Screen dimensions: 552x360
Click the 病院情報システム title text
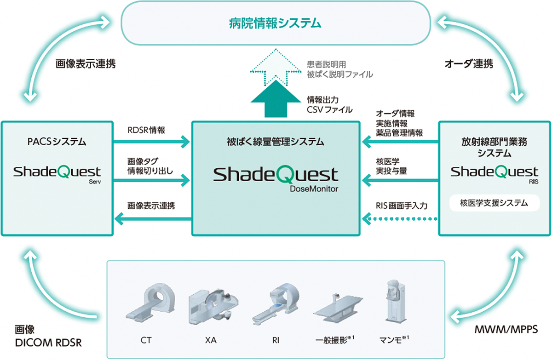click(275, 23)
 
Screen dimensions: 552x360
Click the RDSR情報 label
click(146, 130)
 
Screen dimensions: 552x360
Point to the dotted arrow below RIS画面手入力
click(400, 219)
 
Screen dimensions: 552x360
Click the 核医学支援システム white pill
click(494, 203)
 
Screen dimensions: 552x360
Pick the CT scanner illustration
click(150, 303)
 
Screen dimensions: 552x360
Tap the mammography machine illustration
click(396, 301)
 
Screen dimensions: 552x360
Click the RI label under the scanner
click(276, 340)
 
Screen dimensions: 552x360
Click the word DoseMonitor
click(314, 189)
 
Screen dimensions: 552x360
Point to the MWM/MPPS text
click(506, 330)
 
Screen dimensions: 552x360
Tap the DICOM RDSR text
click(48, 343)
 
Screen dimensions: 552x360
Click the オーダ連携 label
click(469, 64)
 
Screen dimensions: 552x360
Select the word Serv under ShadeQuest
click(95, 182)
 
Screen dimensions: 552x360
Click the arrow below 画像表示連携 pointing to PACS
click(153, 219)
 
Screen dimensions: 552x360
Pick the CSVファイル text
click(329, 109)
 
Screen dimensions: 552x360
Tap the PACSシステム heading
click(57, 142)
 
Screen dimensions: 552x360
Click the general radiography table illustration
click(338, 308)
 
